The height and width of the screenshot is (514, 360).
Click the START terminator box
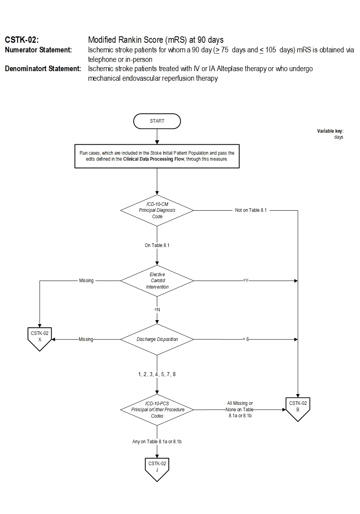[157, 121]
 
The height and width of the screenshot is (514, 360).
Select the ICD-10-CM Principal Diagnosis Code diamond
[157, 210]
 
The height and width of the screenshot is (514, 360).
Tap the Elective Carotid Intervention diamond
[157, 281]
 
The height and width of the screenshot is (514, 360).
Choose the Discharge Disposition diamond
[157, 339]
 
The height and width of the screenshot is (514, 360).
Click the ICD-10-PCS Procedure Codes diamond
[157, 410]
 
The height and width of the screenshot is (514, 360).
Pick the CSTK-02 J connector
[157, 468]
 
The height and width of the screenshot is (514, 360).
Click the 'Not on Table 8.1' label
[251, 210]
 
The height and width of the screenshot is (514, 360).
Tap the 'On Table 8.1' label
[157, 245]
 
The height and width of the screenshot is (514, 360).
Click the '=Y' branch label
[246, 281]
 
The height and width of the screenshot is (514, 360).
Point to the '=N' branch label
[157, 310]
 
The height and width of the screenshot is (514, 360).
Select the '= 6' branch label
[246, 339]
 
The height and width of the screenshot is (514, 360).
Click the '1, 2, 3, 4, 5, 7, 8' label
[157, 375]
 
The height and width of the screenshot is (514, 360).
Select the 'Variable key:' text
[330, 131]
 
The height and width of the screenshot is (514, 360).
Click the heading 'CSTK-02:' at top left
[22, 40]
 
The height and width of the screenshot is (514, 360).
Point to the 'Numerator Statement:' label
[38, 50]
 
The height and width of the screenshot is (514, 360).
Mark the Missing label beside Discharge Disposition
[86, 339]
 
